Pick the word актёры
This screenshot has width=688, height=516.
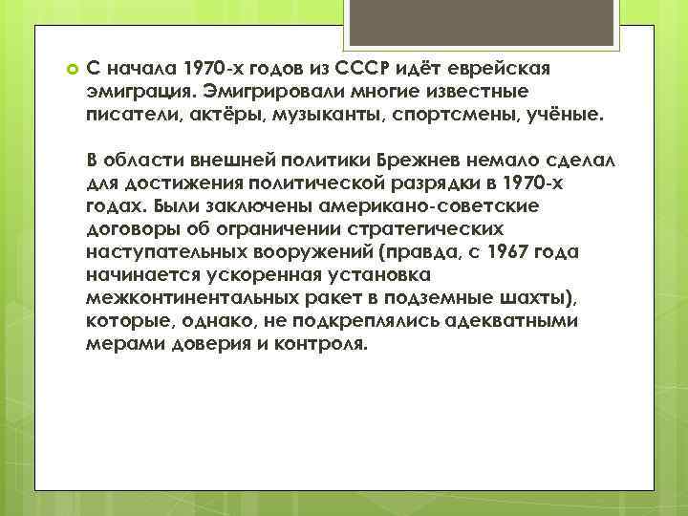[x=206, y=114]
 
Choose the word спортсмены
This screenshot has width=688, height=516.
[x=419, y=114]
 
